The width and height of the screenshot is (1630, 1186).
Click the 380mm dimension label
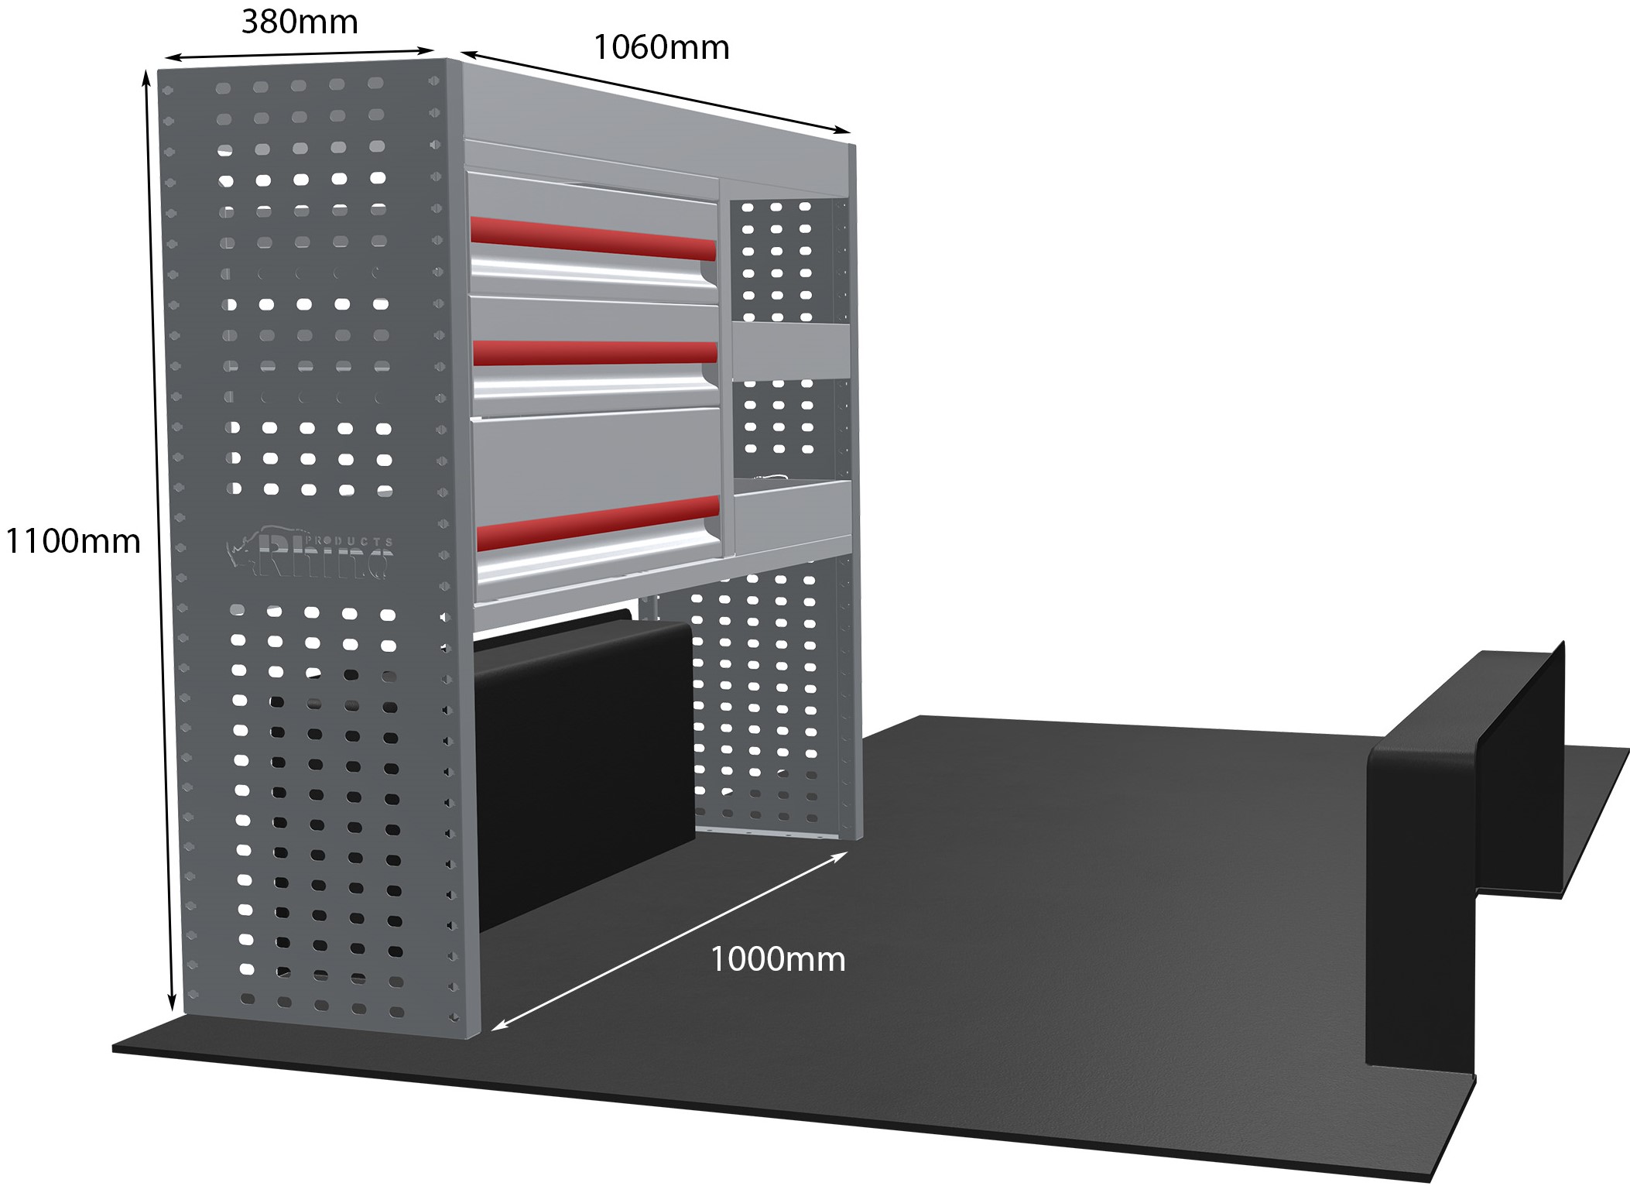[300, 22]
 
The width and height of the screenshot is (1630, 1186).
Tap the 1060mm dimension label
[661, 48]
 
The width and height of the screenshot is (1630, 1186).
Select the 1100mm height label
[73, 541]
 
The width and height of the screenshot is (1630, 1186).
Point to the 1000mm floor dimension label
[778, 959]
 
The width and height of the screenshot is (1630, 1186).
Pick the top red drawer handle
[593, 238]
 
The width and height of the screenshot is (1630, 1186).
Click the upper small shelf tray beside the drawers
[791, 351]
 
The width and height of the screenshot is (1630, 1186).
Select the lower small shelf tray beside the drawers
[793, 509]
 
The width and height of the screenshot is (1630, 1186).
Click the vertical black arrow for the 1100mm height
[159, 540]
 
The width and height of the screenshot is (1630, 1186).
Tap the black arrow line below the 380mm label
[300, 54]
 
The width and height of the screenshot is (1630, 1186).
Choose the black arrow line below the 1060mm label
[656, 92]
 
